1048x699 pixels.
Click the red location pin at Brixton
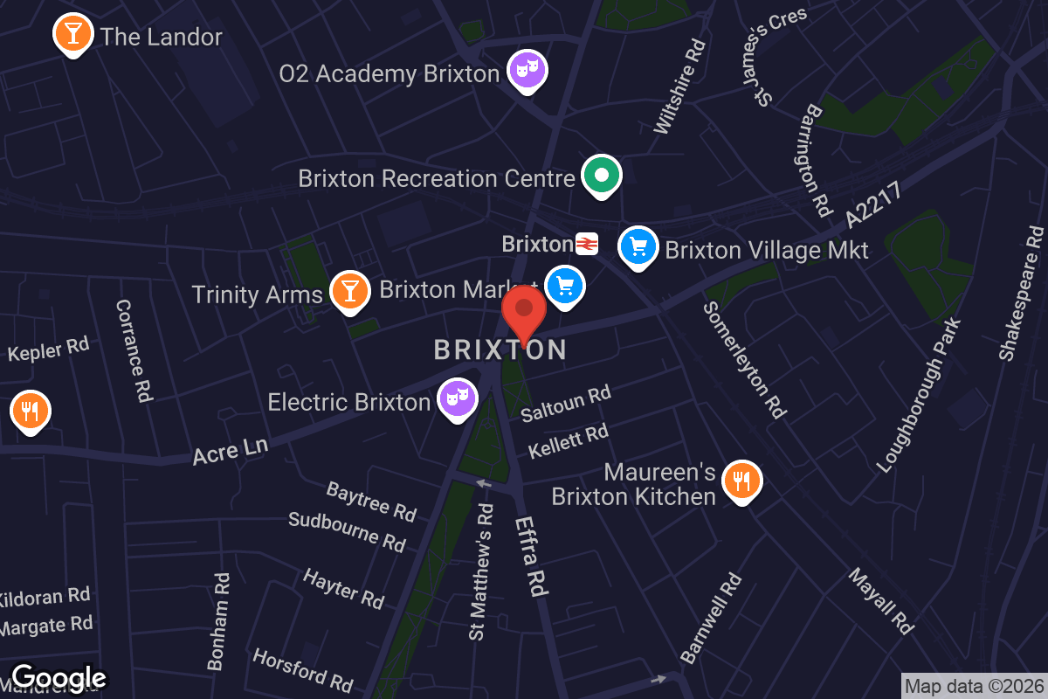[x=524, y=310]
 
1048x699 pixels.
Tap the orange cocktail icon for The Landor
[x=72, y=34]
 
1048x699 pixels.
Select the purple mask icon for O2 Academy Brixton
[x=527, y=69]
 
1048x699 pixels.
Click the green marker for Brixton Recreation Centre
[x=601, y=176]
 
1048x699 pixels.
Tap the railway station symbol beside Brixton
[x=586, y=244]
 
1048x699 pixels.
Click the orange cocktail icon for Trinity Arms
[x=349, y=291]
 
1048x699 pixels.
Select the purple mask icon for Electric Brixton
[x=457, y=398]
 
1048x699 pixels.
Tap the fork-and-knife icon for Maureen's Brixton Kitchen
[x=741, y=480]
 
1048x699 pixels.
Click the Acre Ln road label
[x=230, y=450]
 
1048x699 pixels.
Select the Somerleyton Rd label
[x=745, y=359]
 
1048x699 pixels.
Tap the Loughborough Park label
[x=919, y=395]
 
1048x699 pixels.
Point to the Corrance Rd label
[x=134, y=350]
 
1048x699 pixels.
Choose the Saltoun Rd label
[x=565, y=404]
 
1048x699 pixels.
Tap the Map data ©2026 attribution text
[x=973, y=687]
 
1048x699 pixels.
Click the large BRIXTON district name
[x=500, y=350]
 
